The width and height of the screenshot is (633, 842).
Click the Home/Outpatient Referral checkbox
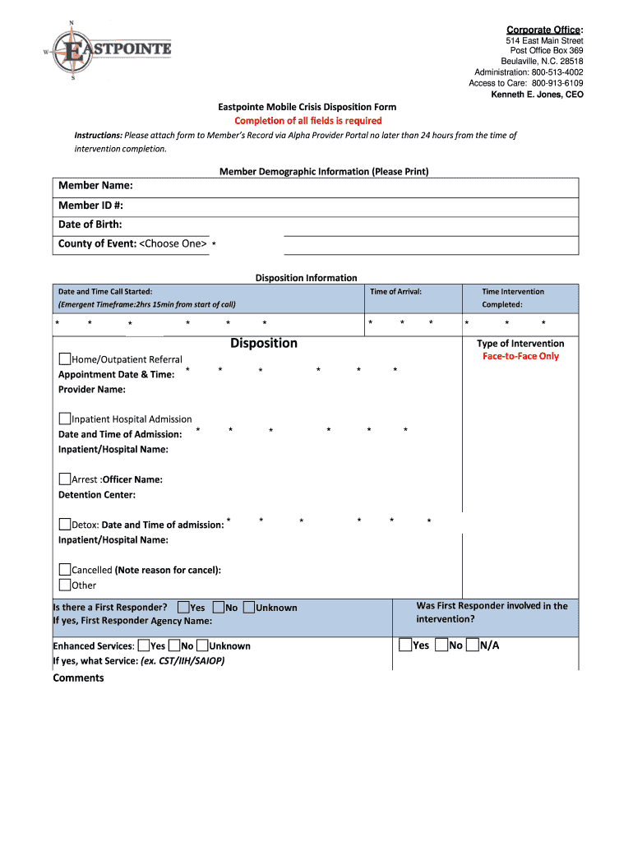(x=65, y=359)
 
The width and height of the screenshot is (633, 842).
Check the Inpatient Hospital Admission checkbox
(x=65, y=419)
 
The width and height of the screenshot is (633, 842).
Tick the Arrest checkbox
(x=65, y=479)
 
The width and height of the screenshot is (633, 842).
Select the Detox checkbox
(x=65, y=525)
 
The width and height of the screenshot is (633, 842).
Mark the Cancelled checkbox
(x=65, y=570)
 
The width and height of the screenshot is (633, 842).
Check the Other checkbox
(x=65, y=585)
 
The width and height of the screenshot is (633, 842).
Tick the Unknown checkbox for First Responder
(x=249, y=608)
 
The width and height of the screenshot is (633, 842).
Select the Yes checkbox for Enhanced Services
(x=144, y=645)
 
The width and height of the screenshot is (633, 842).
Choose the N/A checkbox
(x=472, y=645)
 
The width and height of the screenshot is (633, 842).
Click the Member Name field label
(x=95, y=185)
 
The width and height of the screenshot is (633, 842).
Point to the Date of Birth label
(x=90, y=224)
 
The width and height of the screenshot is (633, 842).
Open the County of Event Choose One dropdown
(x=173, y=243)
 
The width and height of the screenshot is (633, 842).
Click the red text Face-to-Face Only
(x=520, y=356)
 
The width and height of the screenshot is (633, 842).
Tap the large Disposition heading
(x=264, y=343)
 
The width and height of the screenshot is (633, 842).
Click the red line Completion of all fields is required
(x=308, y=121)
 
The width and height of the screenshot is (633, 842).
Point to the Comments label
(x=78, y=678)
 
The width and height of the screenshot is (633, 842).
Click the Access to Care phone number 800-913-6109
(x=557, y=83)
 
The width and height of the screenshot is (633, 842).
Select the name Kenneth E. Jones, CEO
(x=537, y=95)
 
